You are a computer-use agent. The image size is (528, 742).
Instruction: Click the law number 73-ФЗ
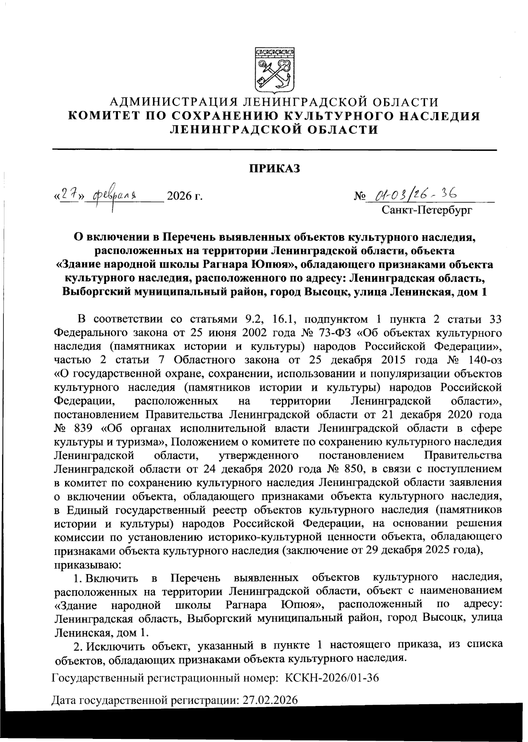(342, 332)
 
